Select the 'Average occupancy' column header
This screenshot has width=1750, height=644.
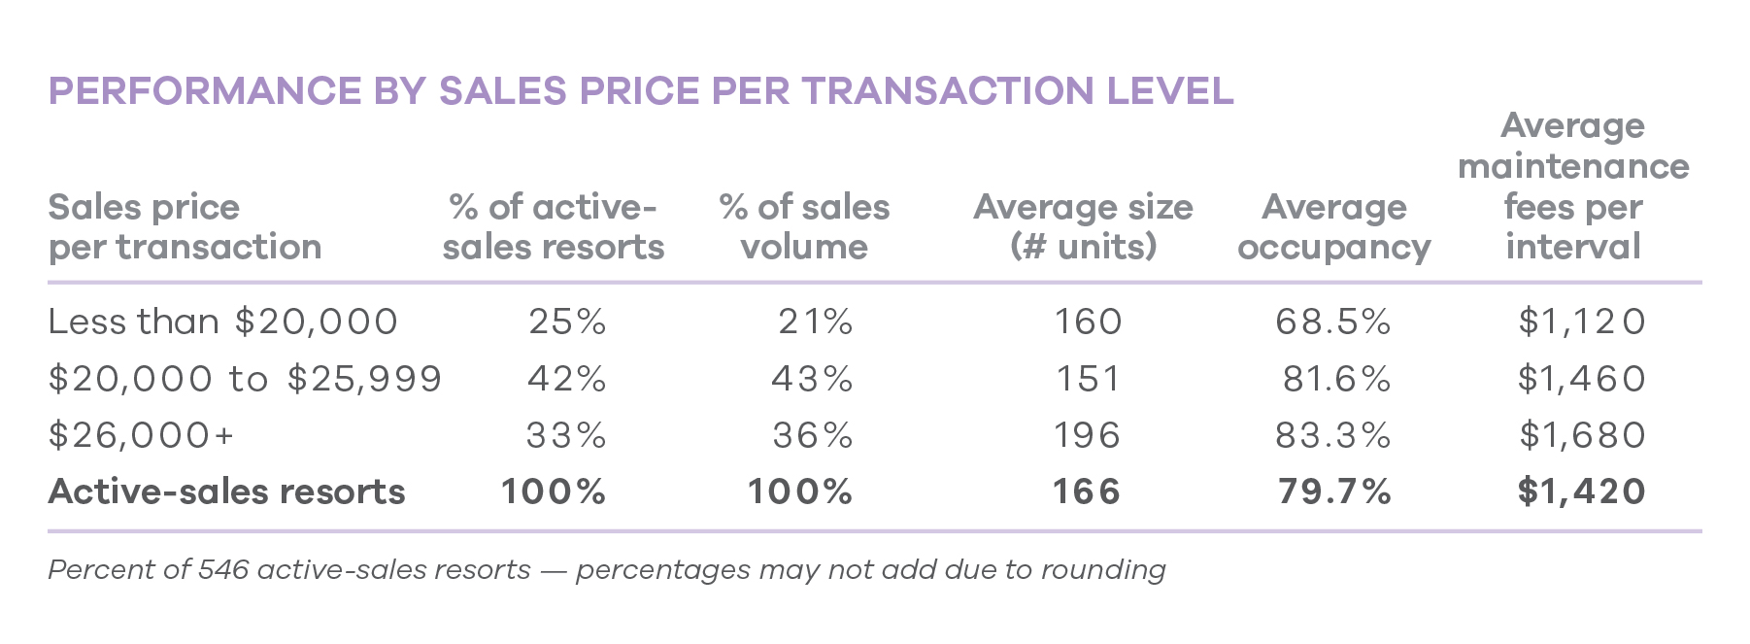coord(1333,227)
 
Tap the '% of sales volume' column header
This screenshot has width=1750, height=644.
coord(804,227)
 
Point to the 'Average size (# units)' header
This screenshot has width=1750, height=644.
coord(1083,227)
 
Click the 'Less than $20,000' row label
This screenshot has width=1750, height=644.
coord(222,322)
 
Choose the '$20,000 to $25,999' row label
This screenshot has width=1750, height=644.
coord(245,379)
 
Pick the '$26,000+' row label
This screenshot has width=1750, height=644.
coord(142,435)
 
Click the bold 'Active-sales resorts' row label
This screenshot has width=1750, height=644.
coord(226,491)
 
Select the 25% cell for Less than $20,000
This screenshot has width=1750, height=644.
coord(567,322)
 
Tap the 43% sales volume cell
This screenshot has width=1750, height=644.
coord(812,379)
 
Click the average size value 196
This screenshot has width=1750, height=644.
coord(1088,435)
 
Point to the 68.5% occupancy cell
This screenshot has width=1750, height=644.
coord(1333,322)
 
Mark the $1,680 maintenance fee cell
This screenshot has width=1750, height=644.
coord(1582,435)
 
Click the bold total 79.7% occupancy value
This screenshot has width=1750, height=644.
coord(1334,491)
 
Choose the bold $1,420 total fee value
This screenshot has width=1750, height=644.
coord(1581,491)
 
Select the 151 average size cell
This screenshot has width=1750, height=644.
coord(1088,379)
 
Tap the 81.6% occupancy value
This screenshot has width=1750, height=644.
coord(1336,379)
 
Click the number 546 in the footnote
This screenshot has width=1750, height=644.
coord(223,569)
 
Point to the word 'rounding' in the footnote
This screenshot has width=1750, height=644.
coord(1103,570)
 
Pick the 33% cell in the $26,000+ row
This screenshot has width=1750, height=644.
coord(566,435)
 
